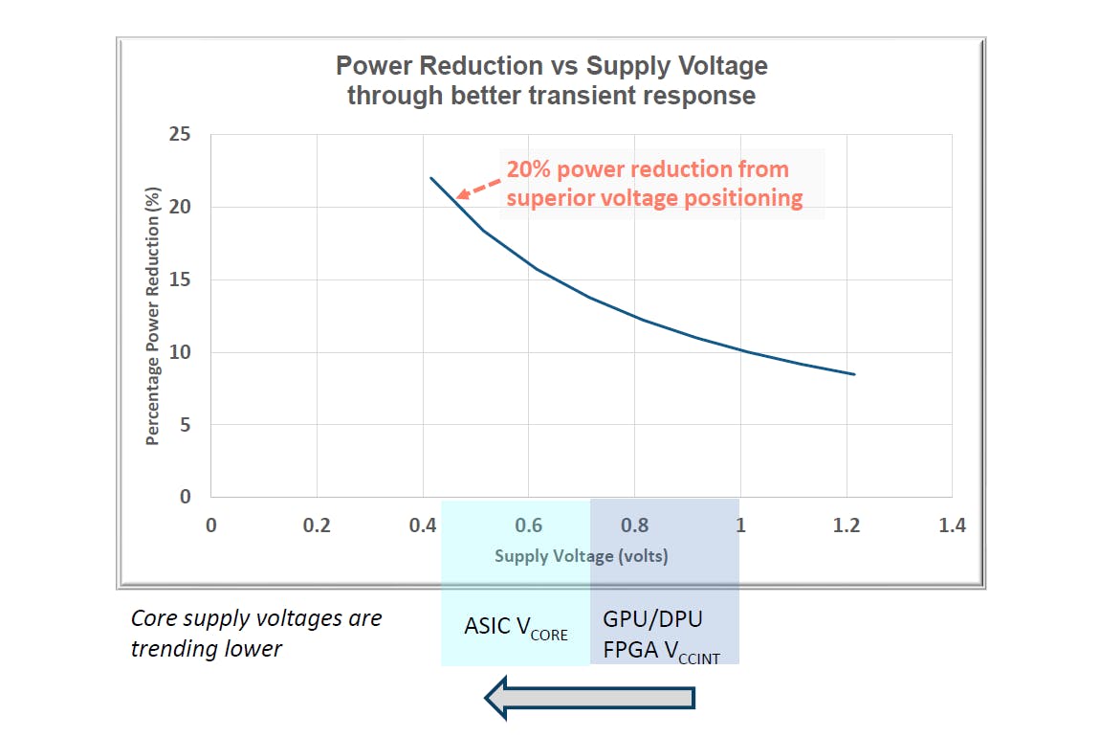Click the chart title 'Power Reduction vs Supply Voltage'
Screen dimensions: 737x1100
point(551,66)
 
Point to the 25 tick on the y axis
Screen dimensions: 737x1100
point(181,135)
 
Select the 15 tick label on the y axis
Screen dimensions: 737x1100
point(181,280)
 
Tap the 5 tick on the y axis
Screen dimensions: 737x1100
point(186,425)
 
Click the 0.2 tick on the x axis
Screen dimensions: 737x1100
point(317,525)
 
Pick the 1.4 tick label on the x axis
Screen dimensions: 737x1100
point(952,525)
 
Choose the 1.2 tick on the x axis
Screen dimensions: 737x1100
point(846,525)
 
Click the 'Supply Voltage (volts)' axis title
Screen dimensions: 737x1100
point(581,556)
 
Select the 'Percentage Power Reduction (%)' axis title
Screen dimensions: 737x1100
point(153,316)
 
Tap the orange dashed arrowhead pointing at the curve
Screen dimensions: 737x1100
point(460,195)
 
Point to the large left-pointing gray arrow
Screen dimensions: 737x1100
point(588,697)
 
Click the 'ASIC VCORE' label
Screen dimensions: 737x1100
point(516,627)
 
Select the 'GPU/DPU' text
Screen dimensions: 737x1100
point(652,618)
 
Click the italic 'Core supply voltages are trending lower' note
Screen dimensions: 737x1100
point(256,633)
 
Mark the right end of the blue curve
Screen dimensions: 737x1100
point(854,374)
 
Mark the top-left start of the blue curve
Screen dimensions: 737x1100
point(431,178)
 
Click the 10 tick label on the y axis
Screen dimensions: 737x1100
point(181,352)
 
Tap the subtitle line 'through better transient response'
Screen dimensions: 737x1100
point(551,96)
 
